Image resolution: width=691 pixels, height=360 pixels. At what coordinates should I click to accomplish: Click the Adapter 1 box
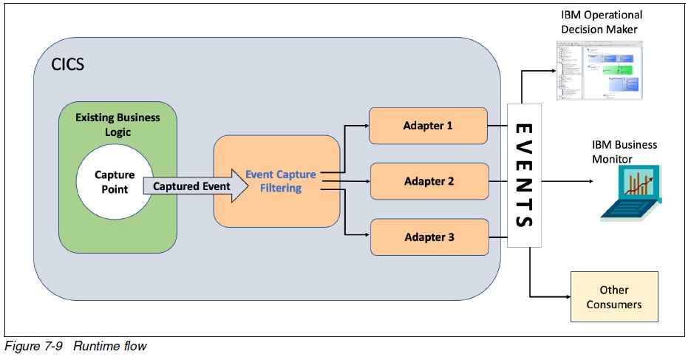coord(428,125)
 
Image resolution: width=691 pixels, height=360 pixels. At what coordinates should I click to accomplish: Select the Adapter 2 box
coord(428,181)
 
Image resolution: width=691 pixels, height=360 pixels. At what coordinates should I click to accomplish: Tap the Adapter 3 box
coord(428,237)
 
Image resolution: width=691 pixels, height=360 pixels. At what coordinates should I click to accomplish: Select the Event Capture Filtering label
coord(281,181)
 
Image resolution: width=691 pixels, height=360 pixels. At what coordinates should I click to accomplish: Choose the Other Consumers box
coord(613,297)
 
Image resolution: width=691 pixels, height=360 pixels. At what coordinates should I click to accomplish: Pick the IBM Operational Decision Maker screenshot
coord(598,70)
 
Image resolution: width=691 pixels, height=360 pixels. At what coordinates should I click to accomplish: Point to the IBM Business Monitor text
coord(624,152)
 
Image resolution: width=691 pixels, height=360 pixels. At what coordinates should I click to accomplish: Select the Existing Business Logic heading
coord(118,123)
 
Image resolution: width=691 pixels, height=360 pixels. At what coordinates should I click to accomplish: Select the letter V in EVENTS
coord(524,152)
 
